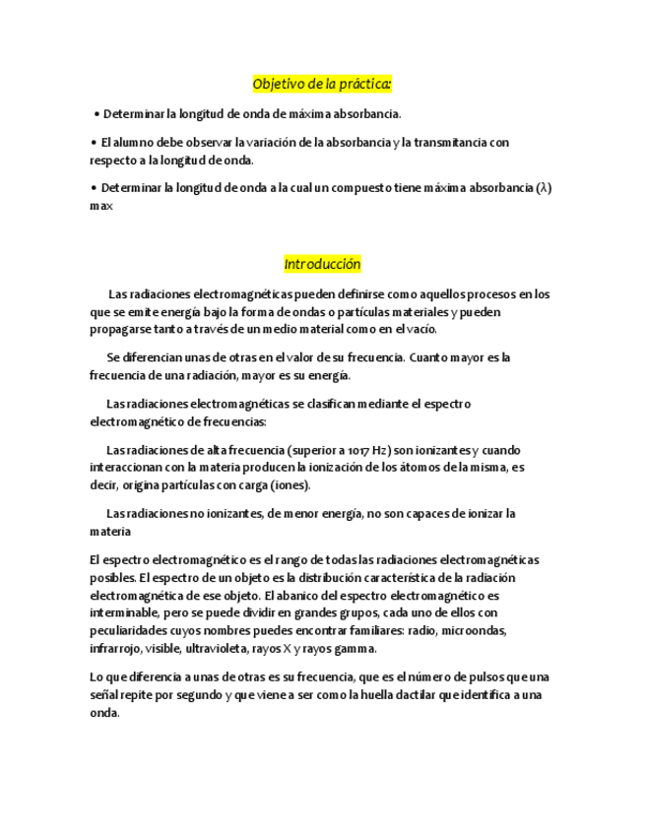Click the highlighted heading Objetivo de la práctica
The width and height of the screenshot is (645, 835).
[322, 85]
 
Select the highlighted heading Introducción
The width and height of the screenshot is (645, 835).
[322, 265]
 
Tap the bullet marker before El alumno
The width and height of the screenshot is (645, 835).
[94, 143]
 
